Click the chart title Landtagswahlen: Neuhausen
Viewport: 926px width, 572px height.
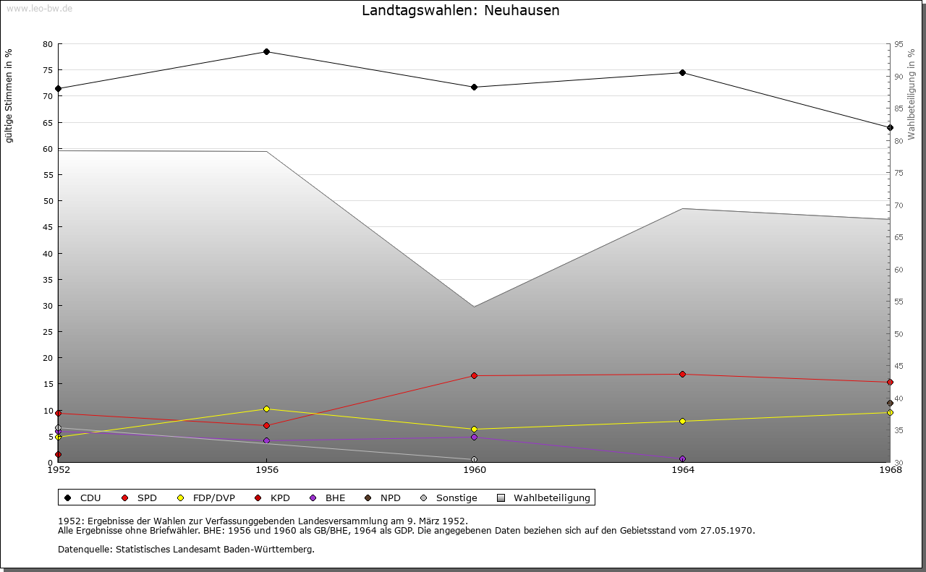[460, 11]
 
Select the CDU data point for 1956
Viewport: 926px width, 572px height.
[266, 52]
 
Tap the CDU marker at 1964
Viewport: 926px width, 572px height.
[682, 72]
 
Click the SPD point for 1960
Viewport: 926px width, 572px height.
[474, 376]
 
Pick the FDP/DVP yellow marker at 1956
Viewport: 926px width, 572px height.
[266, 409]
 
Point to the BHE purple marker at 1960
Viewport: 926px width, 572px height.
[474, 437]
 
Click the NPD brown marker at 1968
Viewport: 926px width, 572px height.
[890, 404]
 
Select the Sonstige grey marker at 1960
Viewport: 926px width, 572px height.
[474, 460]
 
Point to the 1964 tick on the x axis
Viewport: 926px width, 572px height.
[682, 470]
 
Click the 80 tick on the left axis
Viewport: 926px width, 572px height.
[48, 44]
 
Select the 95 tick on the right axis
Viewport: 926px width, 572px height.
[899, 44]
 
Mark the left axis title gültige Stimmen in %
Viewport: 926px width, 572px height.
[9, 96]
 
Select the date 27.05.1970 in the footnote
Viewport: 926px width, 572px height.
[726, 531]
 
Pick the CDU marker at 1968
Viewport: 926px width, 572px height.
[890, 128]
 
